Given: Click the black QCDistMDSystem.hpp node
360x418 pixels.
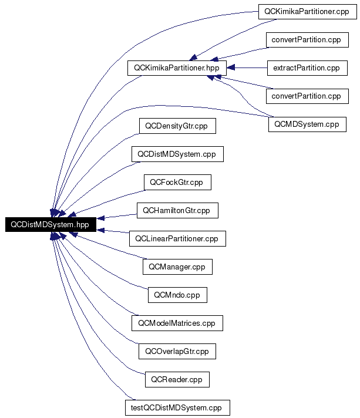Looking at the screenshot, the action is click(x=51, y=224).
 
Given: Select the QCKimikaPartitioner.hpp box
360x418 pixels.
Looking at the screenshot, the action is click(x=177, y=68).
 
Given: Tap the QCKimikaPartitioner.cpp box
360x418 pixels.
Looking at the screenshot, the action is click(x=308, y=12).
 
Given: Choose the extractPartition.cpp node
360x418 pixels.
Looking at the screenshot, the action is click(x=307, y=68).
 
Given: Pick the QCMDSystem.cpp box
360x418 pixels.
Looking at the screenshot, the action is click(x=307, y=124).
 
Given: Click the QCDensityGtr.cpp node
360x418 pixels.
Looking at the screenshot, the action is click(x=177, y=126).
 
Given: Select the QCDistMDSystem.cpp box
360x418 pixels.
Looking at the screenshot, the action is click(x=177, y=154).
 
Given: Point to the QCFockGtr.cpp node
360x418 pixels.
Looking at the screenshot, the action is click(x=177, y=183).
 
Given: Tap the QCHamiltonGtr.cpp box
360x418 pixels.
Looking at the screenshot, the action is click(x=177, y=210).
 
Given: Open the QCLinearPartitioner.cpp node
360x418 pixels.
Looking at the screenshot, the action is click(x=177, y=238).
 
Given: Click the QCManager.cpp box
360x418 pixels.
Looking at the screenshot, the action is click(x=177, y=267).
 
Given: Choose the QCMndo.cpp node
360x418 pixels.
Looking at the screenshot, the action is click(x=177, y=295).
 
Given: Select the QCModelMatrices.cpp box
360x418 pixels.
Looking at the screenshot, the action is click(x=177, y=323).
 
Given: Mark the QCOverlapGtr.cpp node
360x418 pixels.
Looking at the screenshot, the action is click(x=177, y=351).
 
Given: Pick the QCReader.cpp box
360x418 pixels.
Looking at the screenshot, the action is click(x=177, y=380).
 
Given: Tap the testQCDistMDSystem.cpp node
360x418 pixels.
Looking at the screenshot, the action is click(x=177, y=407).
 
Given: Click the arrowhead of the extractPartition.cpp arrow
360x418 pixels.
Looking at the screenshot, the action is click(x=230, y=68).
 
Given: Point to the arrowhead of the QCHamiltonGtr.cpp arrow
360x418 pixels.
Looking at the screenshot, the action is click(x=100, y=218).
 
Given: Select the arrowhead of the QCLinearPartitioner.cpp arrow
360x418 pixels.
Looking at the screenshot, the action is click(x=100, y=230).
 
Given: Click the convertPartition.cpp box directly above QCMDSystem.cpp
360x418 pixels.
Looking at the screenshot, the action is click(x=307, y=96).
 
